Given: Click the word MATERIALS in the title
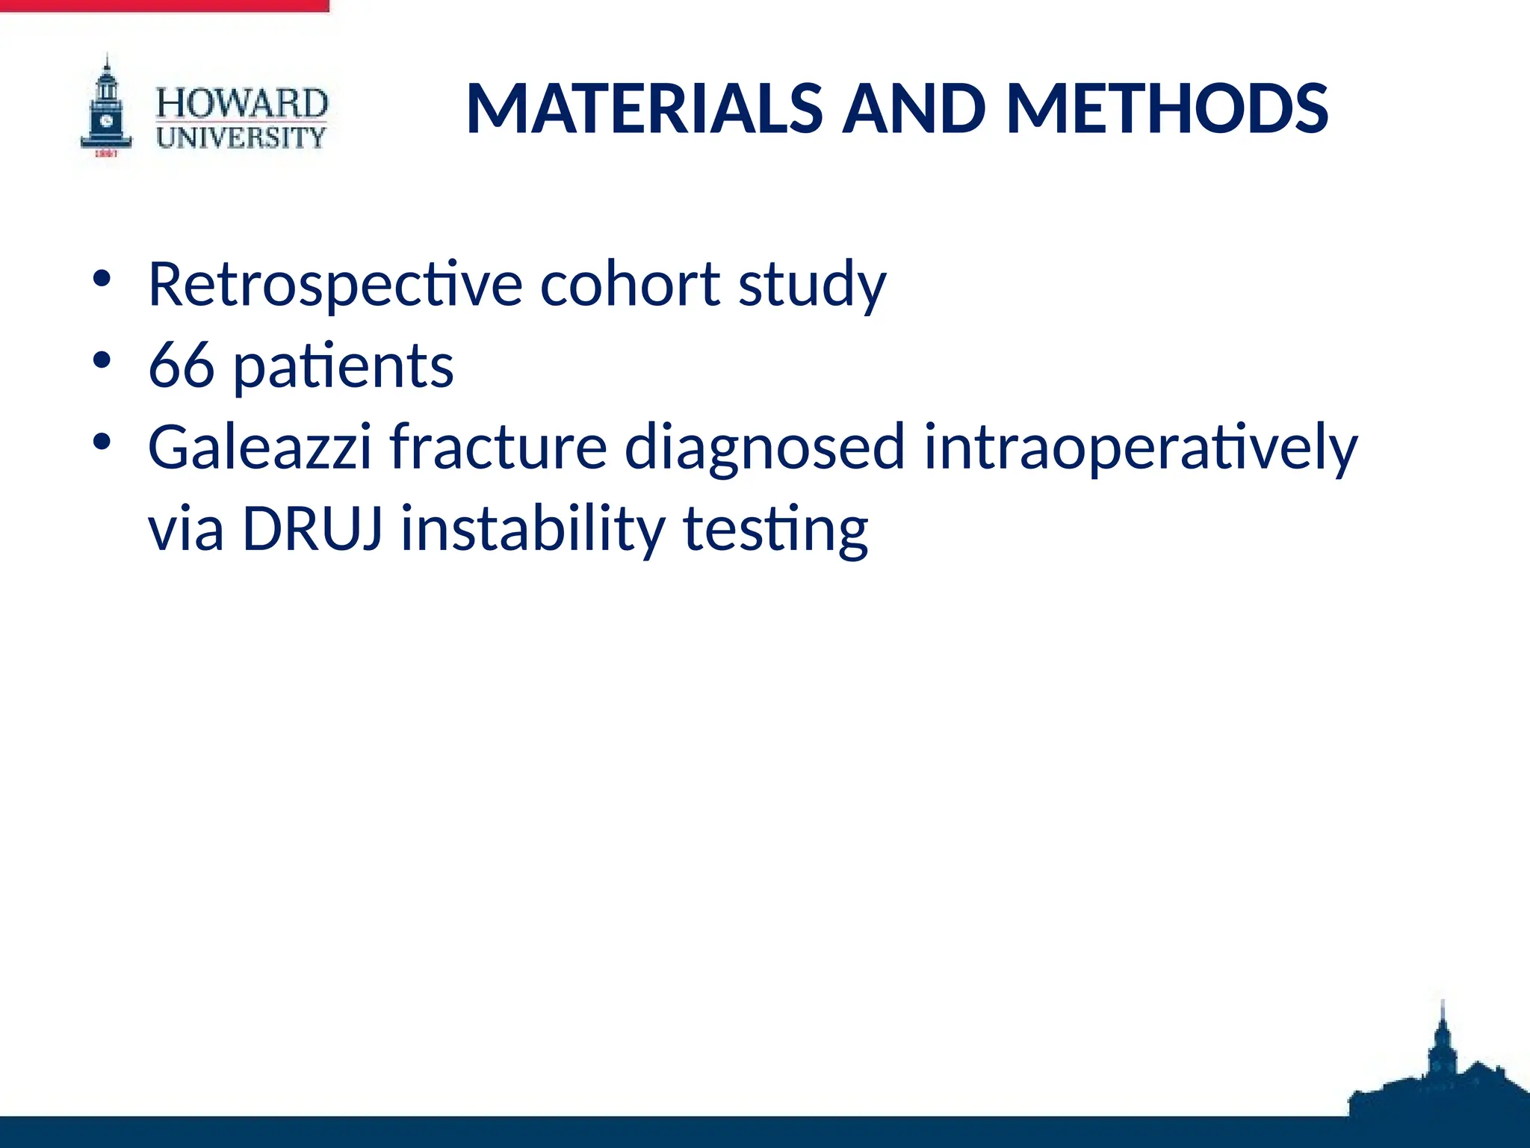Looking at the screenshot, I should pos(644,109).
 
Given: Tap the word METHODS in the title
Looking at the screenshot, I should pos(1167,109).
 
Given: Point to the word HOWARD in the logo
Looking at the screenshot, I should pos(241,104).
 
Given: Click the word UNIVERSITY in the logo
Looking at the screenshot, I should pos(241,138).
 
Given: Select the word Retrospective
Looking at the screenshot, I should pos(335,286).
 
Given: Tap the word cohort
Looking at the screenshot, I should pos(630,284).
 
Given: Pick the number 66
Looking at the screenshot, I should pos(182,366).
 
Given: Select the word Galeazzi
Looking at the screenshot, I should pos(259,447).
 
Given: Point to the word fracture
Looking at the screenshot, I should pos(498,447).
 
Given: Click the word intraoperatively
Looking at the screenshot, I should pos(1140,448).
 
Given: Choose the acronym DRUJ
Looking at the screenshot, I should pos(313,529).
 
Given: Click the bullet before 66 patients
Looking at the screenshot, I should pos(102,360).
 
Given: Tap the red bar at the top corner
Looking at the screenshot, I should pos(164,5).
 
